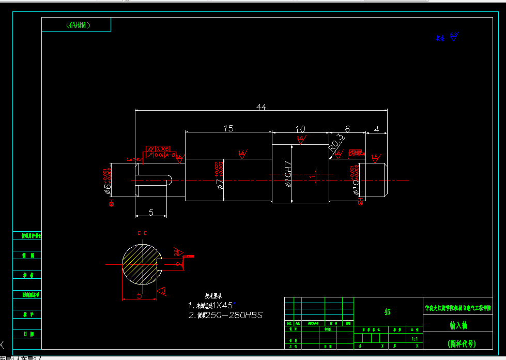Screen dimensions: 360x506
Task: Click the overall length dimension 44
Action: [x=260, y=107]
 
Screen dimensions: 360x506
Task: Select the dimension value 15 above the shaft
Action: [x=228, y=128]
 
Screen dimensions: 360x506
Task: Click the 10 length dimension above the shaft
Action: [x=300, y=128]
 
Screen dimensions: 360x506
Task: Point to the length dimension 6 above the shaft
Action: [x=347, y=128]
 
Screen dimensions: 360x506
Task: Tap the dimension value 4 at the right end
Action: [x=377, y=129]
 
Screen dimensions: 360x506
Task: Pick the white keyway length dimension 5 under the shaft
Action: [x=151, y=212]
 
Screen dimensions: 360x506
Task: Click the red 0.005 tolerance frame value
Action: [x=162, y=149]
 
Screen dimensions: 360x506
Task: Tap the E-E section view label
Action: [x=142, y=233]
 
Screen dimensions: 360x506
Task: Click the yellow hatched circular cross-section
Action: [x=137, y=264]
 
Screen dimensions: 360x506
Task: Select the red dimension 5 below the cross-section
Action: [x=140, y=295]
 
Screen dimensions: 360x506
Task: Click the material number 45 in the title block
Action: [x=388, y=312]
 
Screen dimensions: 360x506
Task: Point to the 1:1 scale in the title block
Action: [x=414, y=339]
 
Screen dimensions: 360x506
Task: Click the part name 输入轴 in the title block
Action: [x=457, y=325]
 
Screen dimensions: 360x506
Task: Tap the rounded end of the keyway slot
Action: [x=170, y=180]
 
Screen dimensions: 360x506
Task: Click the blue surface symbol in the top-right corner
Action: [x=454, y=36]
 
